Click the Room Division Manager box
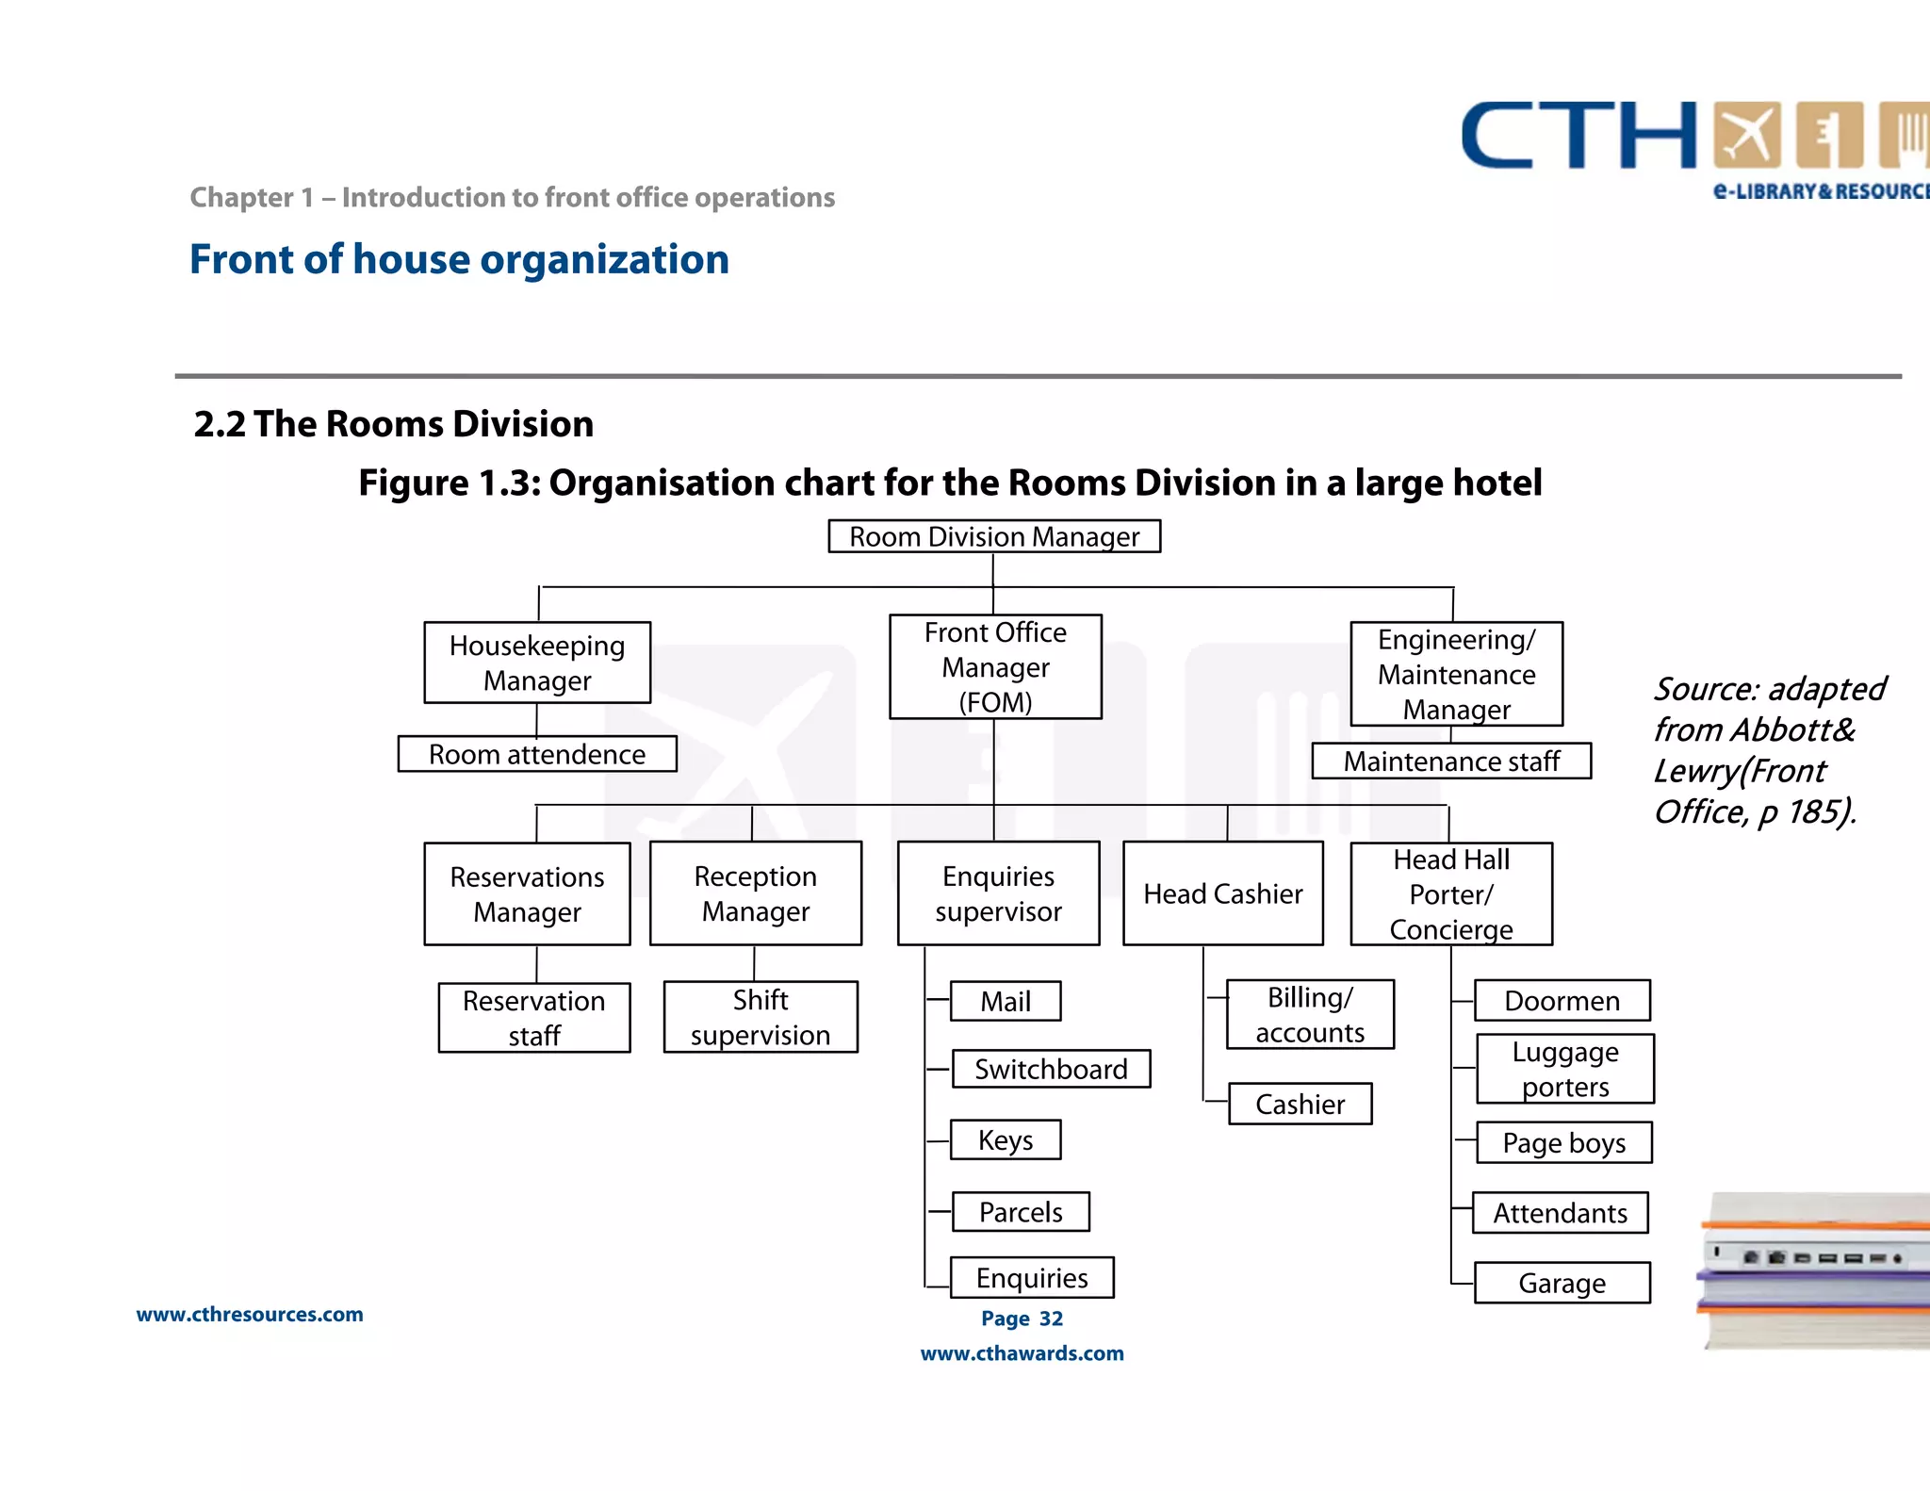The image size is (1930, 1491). tap(994, 536)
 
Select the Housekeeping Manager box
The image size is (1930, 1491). tap(537, 663)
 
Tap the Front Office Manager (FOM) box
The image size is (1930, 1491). tap(995, 667)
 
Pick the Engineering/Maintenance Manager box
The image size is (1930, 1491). tap(1456, 674)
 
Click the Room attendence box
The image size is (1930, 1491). tap(537, 754)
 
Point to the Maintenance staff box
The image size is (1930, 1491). tap(1451, 761)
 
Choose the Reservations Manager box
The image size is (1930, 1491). tap(527, 893)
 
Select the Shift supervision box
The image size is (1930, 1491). tap(761, 1017)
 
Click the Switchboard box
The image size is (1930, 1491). tap(1051, 1069)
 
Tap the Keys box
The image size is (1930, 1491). tap(1006, 1139)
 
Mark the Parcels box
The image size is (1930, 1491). tap(1021, 1211)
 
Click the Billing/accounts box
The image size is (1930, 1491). tap(1310, 1014)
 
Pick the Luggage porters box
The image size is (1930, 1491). tap(1565, 1069)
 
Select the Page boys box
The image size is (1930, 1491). tap(1563, 1142)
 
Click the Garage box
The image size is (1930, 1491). tap(1562, 1283)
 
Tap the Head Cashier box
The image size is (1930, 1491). tap(1223, 893)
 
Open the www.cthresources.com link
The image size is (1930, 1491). tap(250, 1314)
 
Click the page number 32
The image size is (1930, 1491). tap(1051, 1319)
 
